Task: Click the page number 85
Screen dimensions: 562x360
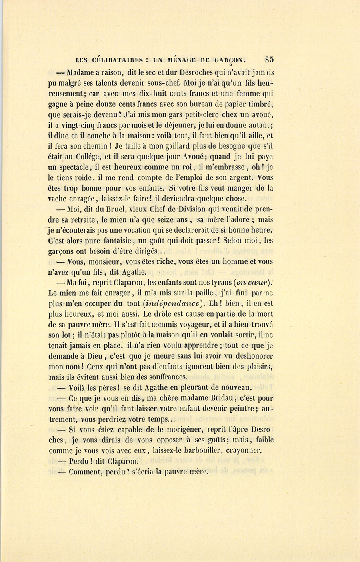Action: coord(269,59)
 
